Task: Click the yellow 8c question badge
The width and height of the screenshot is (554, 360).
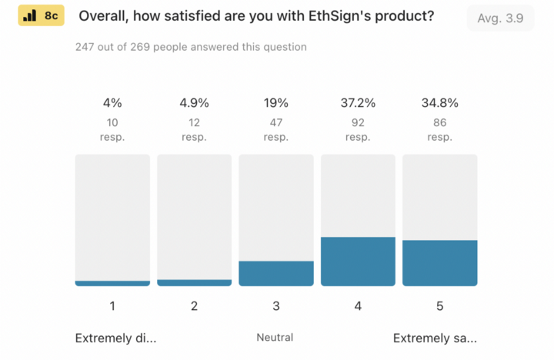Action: (x=42, y=16)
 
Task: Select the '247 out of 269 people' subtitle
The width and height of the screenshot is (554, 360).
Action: (x=191, y=47)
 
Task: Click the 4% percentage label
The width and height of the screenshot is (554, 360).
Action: (x=112, y=103)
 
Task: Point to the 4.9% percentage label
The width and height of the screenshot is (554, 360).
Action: (x=194, y=103)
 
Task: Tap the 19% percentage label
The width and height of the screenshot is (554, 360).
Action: (x=275, y=103)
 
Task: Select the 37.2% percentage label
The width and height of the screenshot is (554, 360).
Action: (x=358, y=103)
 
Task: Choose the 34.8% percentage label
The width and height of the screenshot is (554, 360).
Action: (x=439, y=103)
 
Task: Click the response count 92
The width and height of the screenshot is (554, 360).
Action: (x=358, y=122)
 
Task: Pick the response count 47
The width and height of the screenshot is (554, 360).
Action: (x=275, y=122)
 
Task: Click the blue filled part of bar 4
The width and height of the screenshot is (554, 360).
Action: (x=358, y=262)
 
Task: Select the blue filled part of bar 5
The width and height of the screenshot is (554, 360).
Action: (x=439, y=263)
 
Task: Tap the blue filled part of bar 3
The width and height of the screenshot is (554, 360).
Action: (x=275, y=273)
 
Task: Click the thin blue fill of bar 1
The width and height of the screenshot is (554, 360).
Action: (x=112, y=283)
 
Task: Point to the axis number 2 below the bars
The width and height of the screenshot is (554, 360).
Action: (x=194, y=306)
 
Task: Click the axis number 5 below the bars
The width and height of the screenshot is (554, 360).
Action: (x=439, y=306)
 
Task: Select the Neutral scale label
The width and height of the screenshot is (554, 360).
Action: (x=275, y=338)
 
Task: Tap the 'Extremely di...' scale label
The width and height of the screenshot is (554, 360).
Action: (x=115, y=338)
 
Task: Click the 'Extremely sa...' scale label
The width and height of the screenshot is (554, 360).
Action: (x=435, y=338)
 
